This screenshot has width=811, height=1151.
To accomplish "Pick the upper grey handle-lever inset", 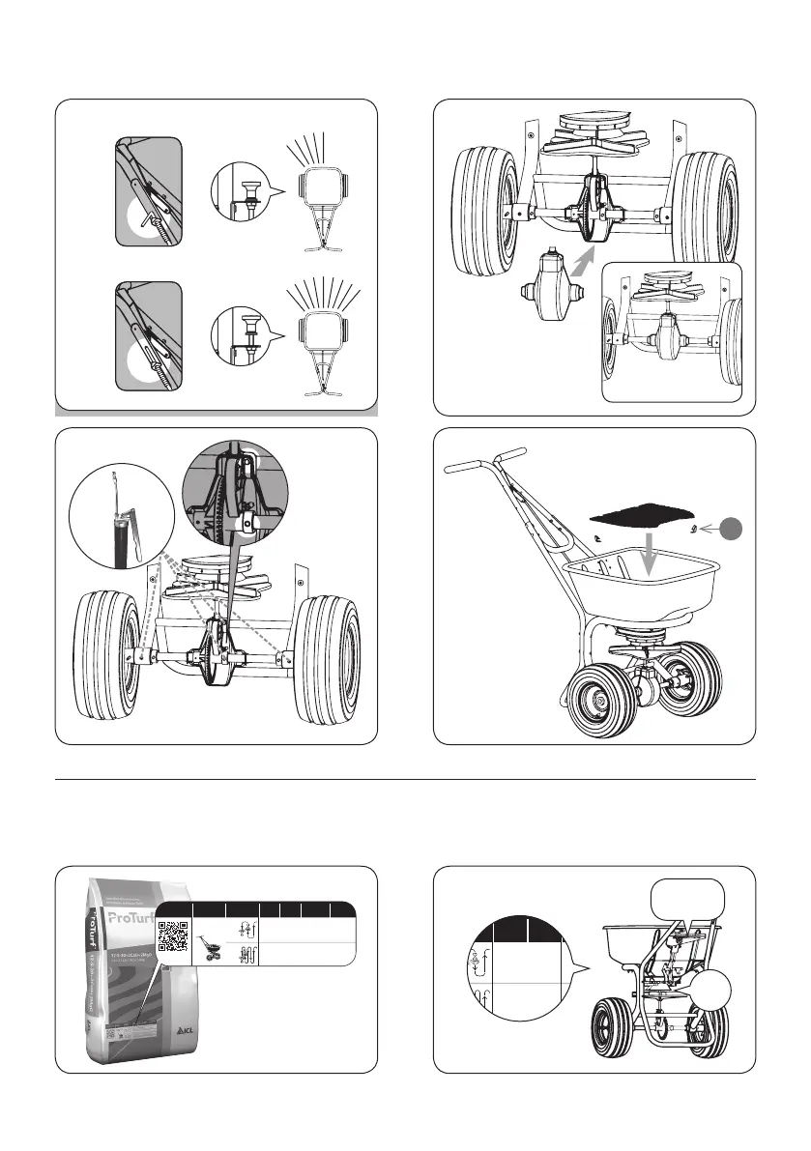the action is point(148,191).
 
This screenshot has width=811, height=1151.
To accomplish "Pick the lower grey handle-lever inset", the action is point(148,335).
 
